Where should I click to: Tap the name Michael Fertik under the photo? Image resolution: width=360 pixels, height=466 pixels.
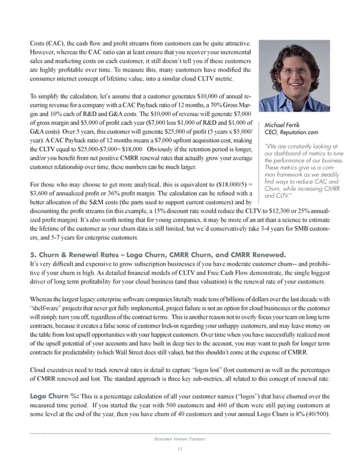pos(283,125)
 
